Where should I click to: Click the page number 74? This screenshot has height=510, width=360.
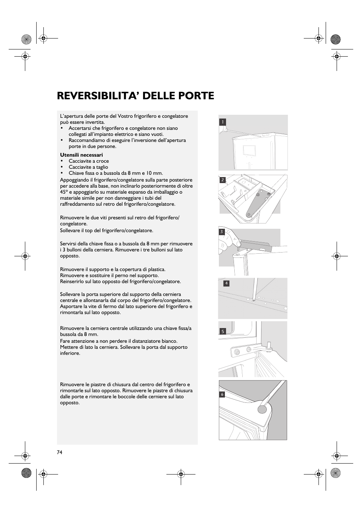(60, 452)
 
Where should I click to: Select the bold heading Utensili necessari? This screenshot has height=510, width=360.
(82, 155)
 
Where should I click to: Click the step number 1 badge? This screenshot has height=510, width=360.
(223, 122)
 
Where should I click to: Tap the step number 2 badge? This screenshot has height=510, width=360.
(223, 180)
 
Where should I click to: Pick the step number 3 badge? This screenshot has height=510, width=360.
(222, 232)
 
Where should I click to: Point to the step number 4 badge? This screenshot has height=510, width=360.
(226, 283)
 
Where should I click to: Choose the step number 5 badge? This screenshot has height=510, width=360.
(223, 331)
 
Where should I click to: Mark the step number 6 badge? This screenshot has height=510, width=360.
(222, 394)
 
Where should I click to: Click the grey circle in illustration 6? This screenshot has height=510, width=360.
(263, 410)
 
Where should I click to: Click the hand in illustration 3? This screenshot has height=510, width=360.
(227, 242)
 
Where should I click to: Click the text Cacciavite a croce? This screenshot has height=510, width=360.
(89, 161)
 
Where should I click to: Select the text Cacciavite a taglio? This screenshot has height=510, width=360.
(88, 167)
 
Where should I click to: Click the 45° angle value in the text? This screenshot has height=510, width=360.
(64, 192)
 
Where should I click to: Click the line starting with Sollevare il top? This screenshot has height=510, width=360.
(106, 230)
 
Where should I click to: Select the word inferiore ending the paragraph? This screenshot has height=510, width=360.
(70, 353)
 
